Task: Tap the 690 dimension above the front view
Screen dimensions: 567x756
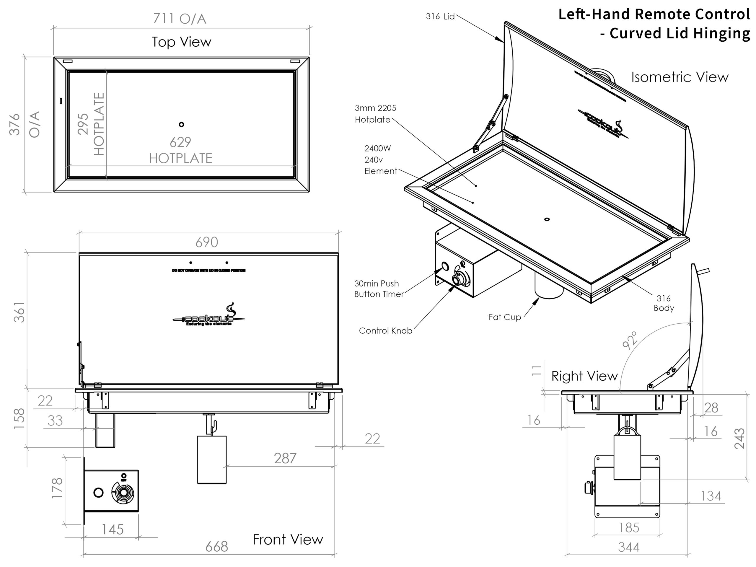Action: pyautogui.click(x=206, y=242)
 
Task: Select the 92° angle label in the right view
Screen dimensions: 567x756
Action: pyautogui.click(x=630, y=340)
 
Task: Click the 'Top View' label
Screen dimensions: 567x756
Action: pyautogui.click(x=182, y=42)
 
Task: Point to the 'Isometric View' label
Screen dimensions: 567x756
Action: pyautogui.click(x=680, y=77)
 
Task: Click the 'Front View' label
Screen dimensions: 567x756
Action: pyautogui.click(x=288, y=540)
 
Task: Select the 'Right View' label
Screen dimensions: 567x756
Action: pyautogui.click(x=584, y=376)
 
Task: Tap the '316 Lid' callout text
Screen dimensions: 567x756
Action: pyautogui.click(x=440, y=17)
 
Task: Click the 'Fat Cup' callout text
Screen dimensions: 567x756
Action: pyautogui.click(x=505, y=317)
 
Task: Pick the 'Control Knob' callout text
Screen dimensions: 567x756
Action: pyautogui.click(x=385, y=331)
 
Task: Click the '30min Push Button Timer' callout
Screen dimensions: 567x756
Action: pyautogui.click(x=379, y=289)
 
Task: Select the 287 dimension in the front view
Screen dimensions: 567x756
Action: pyautogui.click(x=285, y=459)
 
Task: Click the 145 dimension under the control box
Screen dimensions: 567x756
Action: pyautogui.click(x=113, y=530)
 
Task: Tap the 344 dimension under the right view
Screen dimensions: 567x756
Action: pyautogui.click(x=628, y=548)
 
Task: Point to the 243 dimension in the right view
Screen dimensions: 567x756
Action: pyautogui.click(x=739, y=439)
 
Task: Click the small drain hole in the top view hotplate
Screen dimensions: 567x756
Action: pyautogui.click(x=182, y=124)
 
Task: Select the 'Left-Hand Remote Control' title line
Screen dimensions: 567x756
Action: pyautogui.click(x=654, y=14)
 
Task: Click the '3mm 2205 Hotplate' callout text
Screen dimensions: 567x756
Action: pyautogui.click(x=375, y=114)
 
